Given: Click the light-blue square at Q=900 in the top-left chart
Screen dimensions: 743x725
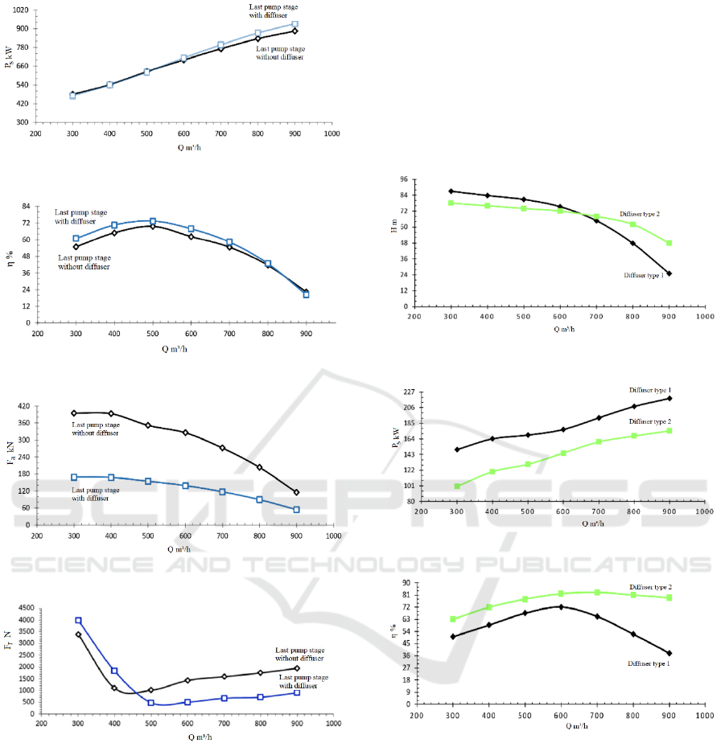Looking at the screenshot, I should click(295, 24).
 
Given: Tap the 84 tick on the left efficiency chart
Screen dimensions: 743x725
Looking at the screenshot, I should click(23, 206).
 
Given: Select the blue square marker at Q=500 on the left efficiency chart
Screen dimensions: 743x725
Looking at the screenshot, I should click(153, 221).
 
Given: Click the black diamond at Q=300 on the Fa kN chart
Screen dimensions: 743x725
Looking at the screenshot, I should click(74, 413).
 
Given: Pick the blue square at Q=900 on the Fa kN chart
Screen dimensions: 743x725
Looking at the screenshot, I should click(296, 509).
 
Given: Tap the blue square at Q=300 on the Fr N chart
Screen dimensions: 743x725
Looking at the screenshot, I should click(78, 621).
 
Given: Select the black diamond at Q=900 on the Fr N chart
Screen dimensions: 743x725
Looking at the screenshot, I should click(296, 668).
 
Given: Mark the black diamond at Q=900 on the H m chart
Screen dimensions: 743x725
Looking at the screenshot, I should click(669, 273).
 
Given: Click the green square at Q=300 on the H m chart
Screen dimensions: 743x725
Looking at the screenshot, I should click(451, 203).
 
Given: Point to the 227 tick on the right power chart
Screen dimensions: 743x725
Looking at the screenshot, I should click(401, 392).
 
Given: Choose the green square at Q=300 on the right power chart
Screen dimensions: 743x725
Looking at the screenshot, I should click(457, 486).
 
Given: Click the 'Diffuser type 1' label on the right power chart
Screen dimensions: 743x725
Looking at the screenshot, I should click(651, 390).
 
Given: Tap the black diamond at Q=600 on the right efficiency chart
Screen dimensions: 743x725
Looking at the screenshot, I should click(560, 606).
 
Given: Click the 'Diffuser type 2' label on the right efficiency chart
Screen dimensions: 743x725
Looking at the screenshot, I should click(650, 588).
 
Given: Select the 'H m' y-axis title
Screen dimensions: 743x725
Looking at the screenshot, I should click(394, 228).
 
